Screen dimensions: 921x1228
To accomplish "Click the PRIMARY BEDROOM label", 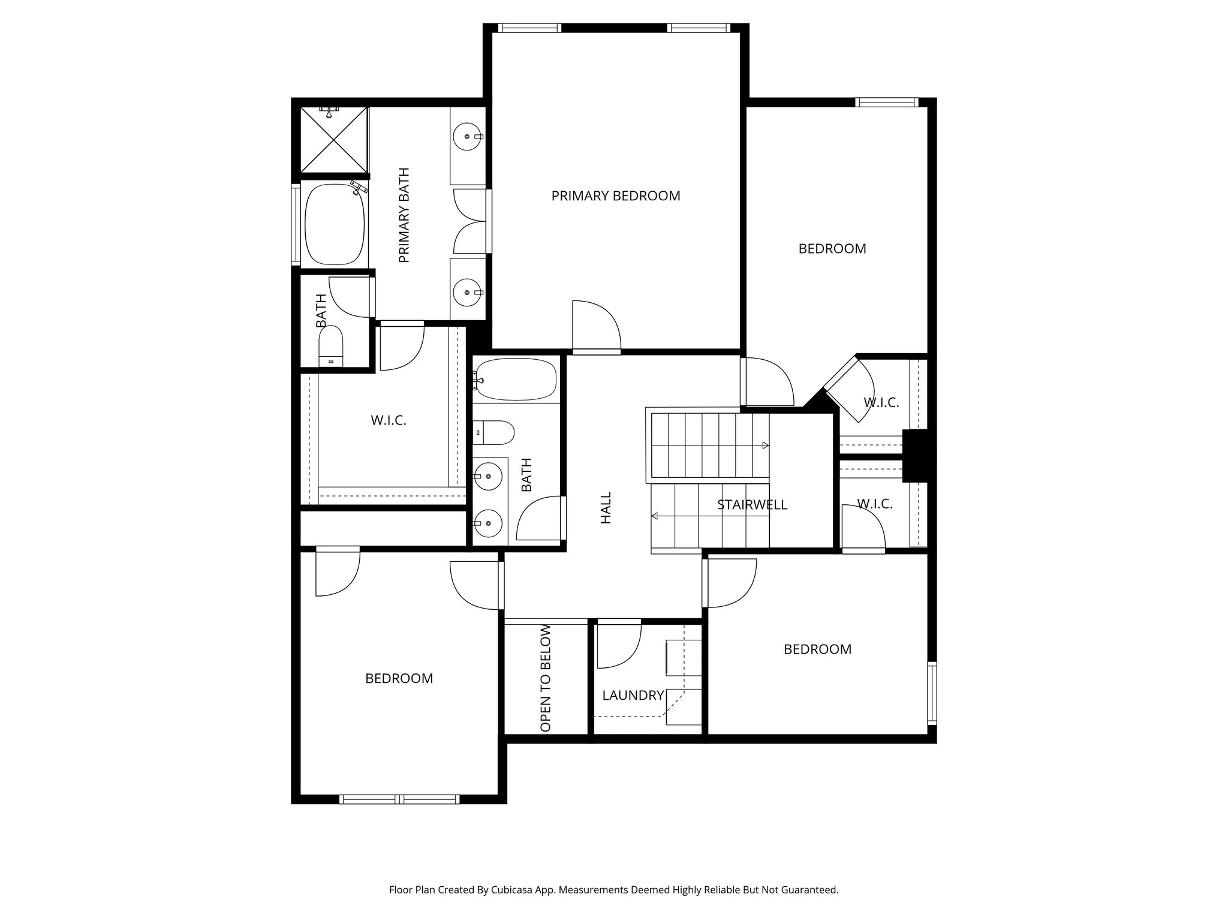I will (x=616, y=196).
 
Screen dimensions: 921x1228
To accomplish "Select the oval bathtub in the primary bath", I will (x=335, y=224).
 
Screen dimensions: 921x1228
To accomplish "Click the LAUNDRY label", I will (x=633, y=696).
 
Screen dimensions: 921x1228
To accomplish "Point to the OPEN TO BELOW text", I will (x=546, y=678).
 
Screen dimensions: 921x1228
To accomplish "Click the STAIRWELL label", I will (x=752, y=505).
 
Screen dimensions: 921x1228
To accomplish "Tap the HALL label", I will (x=606, y=508).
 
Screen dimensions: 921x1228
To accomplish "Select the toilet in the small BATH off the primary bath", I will (x=330, y=347).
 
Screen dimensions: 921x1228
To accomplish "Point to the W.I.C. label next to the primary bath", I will (x=389, y=420).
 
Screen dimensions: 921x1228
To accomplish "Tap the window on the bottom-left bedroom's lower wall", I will (x=399, y=799).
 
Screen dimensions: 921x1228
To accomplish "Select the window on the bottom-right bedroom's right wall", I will (x=932, y=693).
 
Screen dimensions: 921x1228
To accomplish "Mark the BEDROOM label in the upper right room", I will (x=832, y=249).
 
